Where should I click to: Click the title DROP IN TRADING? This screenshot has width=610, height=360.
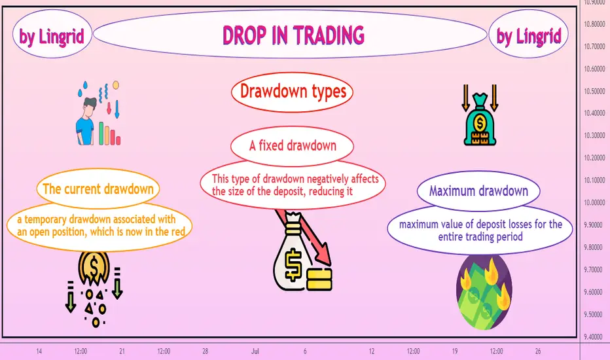293,35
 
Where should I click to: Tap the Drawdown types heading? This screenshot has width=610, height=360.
293,92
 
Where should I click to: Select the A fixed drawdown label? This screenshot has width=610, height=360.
293,145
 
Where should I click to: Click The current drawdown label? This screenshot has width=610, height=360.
98,189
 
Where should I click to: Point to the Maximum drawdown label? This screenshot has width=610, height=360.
478,190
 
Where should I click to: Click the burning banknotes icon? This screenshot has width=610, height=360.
484,291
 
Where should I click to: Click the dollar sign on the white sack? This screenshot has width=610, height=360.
293,266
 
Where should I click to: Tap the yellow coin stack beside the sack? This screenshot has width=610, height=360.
319,279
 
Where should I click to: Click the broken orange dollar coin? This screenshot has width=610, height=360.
94,268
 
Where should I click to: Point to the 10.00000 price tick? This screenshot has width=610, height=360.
594,202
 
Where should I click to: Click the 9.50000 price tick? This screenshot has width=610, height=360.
594,314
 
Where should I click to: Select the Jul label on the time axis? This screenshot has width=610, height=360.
255,351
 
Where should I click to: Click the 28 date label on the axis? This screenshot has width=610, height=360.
205,351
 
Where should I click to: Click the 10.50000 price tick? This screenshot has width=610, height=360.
594,91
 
